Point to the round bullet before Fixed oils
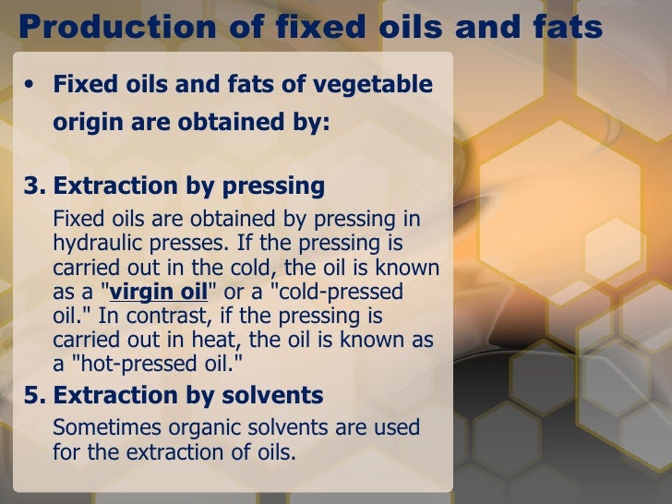[x=30, y=85]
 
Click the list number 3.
[x=32, y=186]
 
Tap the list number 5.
[x=32, y=396]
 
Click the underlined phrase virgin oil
[x=159, y=292]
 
